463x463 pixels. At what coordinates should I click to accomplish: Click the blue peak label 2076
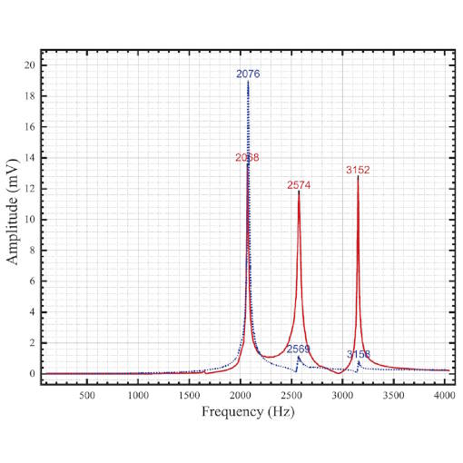[x=248, y=74]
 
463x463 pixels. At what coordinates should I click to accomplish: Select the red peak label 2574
[x=299, y=185]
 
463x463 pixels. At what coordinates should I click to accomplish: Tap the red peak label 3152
[x=358, y=170]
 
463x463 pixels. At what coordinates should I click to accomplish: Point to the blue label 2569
[x=298, y=349]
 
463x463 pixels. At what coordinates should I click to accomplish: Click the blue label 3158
[x=359, y=354]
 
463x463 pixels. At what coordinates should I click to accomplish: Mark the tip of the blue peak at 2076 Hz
[x=248, y=82]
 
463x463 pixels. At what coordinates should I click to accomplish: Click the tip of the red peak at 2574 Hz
[x=299, y=192]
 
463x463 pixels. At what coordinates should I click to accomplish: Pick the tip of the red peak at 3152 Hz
[x=358, y=176]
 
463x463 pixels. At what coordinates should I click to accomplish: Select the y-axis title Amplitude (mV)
[x=13, y=220]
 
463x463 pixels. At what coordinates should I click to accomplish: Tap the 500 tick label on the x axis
[x=87, y=396]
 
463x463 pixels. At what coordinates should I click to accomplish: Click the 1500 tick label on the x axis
[x=189, y=396]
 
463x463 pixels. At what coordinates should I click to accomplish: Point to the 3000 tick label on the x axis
[x=342, y=396]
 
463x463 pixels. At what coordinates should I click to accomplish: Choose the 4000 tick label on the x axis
[x=444, y=396]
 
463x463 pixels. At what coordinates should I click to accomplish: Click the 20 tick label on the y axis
[x=30, y=65]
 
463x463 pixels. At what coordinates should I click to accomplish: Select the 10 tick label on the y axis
[x=30, y=220]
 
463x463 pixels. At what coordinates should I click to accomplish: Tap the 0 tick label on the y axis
[x=33, y=373]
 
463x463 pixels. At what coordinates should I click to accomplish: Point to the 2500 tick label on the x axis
[x=291, y=396]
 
